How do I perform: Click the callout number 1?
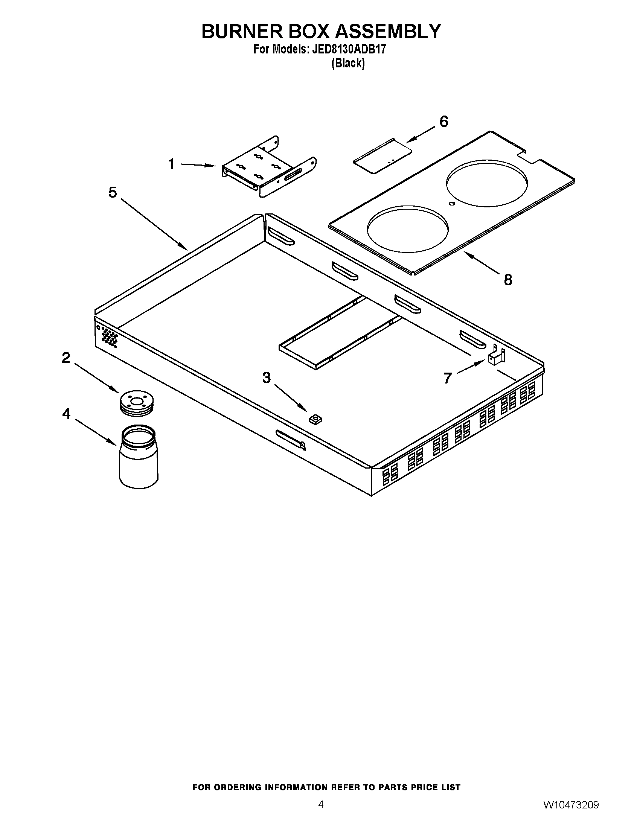pos(172,164)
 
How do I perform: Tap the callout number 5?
pos(113,192)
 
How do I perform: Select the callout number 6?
pos(443,122)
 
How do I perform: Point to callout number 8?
pos(508,280)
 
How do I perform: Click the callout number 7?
pos(447,378)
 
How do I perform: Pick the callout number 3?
pos(267,377)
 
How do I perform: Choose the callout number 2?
pos(66,358)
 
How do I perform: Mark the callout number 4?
pos(66,414)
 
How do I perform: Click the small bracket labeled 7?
pos(495,357)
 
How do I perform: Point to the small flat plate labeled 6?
pos(382,156)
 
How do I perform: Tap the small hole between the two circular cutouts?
pos(451,204)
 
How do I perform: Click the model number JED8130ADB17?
pos(349,49)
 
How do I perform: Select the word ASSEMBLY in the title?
pos(388,31)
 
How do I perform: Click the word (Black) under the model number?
pos(348,63)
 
